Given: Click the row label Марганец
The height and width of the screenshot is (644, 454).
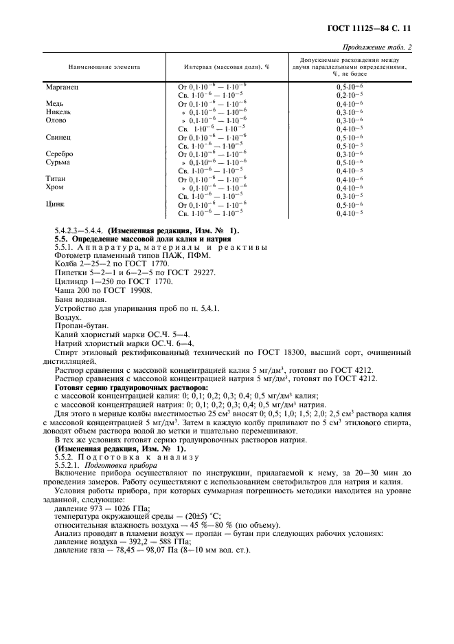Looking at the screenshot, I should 60,86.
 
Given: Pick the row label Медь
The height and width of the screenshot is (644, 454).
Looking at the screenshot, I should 54,103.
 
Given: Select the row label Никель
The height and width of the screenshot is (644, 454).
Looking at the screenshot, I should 58,111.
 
